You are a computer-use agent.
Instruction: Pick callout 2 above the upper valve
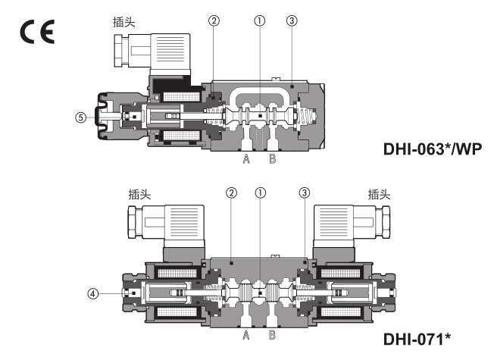point(214,21)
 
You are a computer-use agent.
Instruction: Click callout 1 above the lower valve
point(260,193)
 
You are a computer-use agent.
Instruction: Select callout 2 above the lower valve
point(230,193)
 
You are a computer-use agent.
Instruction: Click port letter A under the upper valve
point(246,159)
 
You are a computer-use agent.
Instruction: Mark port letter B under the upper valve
point(272,159)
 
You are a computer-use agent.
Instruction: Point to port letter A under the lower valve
point(246,333)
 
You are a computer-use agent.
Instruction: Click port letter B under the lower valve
point(272,333)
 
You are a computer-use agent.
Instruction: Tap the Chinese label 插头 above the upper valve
point(123,23)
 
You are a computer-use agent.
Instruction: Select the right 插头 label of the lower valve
point(379,194)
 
